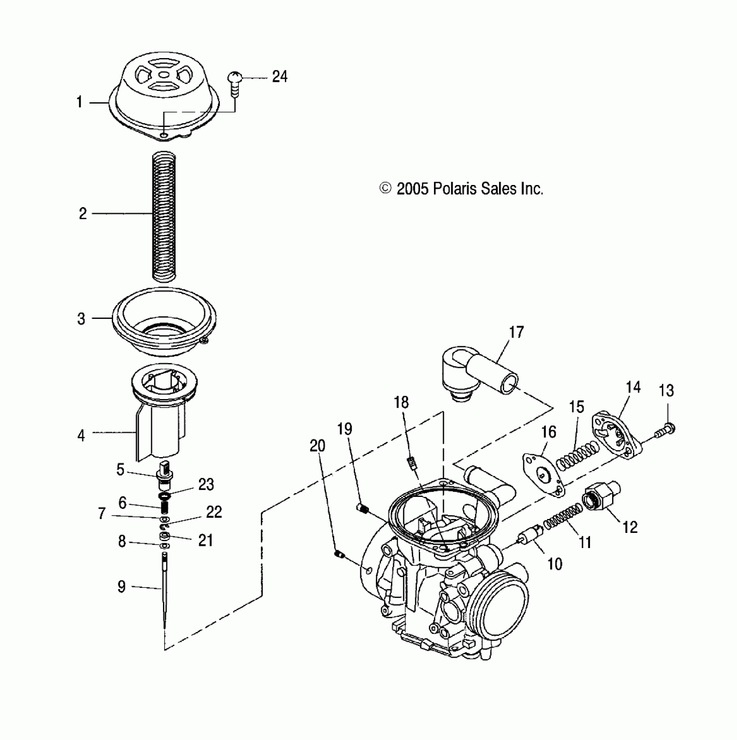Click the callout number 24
pyautogui.click(x=280, y=77)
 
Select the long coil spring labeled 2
pyautogui.click(x=165, y=215)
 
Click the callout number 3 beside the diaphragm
pyautogui.click(x=81, y=319)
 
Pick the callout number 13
pyautogui.click(x=666, y=391)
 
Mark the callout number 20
pyautogui.click(x=317, y=446)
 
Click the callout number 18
pyautogui.click(x=401, y=402)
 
